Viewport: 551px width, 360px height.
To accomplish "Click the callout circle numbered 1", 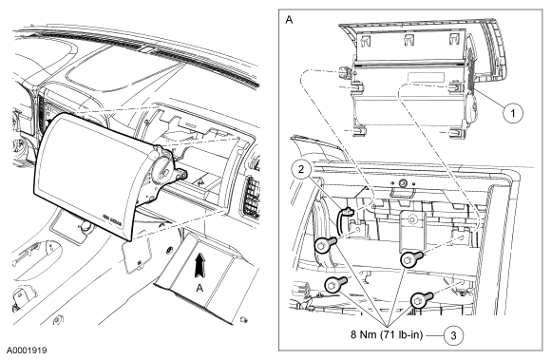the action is pos(513,113).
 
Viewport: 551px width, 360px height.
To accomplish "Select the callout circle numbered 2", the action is pos(301,170).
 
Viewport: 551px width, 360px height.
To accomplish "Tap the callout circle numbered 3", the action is pos(453,335).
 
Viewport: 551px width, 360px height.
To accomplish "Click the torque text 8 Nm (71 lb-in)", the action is pos(387,334).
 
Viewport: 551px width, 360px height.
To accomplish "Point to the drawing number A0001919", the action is pos(27,351).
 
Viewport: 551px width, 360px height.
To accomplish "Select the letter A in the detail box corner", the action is pos(289,20).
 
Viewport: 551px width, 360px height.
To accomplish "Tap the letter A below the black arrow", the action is pos(199,288).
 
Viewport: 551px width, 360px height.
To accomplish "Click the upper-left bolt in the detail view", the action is pos(325,244).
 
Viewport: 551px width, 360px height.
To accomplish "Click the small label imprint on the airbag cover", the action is pos(112,217).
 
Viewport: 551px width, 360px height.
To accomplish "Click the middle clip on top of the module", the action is pos(408,40).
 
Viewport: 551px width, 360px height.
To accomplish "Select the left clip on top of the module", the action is pos(366,41).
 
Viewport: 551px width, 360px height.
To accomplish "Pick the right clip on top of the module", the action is pos(454,39).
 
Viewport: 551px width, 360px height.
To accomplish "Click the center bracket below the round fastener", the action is pos(412,231).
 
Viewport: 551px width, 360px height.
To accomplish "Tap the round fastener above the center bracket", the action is pos(403,182).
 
